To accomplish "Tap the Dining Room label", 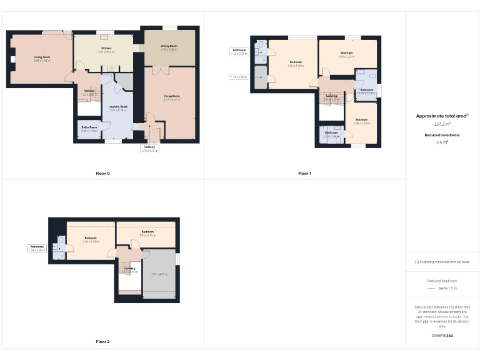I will coord(169,46).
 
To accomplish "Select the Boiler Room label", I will coord(89,127).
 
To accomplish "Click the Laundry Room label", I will coord(117,107).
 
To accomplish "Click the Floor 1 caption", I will coord(304,173).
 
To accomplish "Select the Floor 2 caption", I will coord(102,342).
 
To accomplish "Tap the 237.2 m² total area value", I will coord(442,124).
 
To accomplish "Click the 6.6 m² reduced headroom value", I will coord(442,142).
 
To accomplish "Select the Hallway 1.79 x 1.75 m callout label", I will coord(149,148).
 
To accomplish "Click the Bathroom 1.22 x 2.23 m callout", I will coord(240,51).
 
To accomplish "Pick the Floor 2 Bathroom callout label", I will coord(37,248).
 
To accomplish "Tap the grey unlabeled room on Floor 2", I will coord(159,273).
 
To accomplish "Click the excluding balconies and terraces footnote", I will coord(442,262).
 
